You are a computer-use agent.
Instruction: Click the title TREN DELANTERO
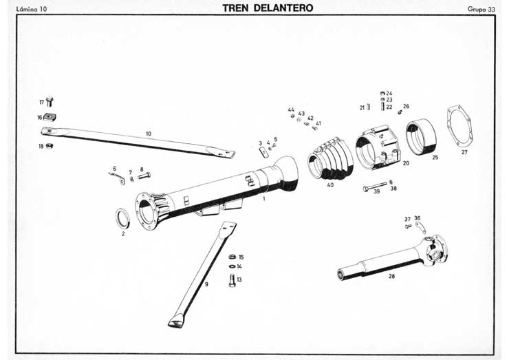click(x=268, y=8)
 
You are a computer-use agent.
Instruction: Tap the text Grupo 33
click(x=480, y=9)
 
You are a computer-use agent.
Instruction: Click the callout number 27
click(x=464, y=152)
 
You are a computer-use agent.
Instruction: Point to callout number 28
click(x=391, y=276)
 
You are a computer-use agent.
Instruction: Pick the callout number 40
click(x=330, y=184)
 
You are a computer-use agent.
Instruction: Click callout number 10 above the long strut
click(x=149, y=134)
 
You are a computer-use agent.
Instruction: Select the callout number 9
click(x=206, y=284)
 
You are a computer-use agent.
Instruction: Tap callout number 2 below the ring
click(x=123, y=233)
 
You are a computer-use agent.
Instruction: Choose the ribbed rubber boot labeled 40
click(x=330, y=162)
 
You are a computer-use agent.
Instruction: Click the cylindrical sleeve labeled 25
click(x=421, y=137)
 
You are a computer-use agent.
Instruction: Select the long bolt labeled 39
click(x=376, y=187)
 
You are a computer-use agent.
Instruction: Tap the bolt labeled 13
click(x=232, y=280)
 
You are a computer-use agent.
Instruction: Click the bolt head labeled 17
click(x=50, y=102)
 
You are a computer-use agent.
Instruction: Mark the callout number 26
click(x=406, y=106)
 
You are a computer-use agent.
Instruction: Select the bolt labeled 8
click(x=144, y=176)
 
